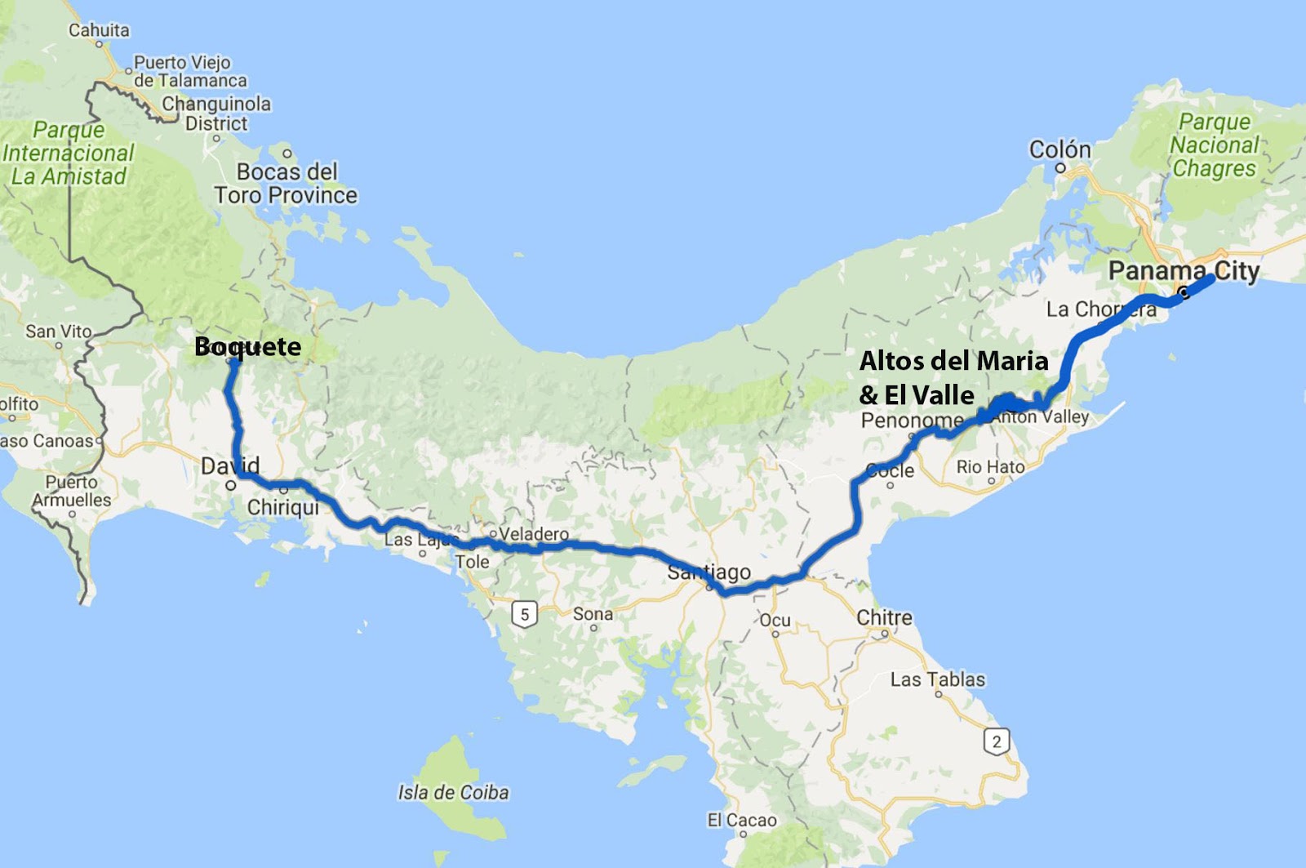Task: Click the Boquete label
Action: (248, 346)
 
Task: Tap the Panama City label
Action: (1184, 270)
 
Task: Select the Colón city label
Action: (1059, 149)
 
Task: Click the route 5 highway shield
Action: (524, 614)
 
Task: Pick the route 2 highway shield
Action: (996, 741)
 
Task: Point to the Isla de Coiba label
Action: (453, 792)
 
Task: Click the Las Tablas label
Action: (937, 679)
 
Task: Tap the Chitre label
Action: (884, 617)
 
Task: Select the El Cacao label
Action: (742, 820)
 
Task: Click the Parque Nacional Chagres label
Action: (1215, 145)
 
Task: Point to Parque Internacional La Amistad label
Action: (68, 154)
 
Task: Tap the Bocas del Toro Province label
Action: (286, 184)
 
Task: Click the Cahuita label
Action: (99, 30)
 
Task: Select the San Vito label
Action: (58, 331)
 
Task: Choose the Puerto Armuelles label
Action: (72, 491)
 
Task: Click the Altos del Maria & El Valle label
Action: (953, 377)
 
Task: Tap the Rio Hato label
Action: (990, 467)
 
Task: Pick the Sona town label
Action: (593, 614)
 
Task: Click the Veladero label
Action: (534, 534)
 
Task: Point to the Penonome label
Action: (912, 421)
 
